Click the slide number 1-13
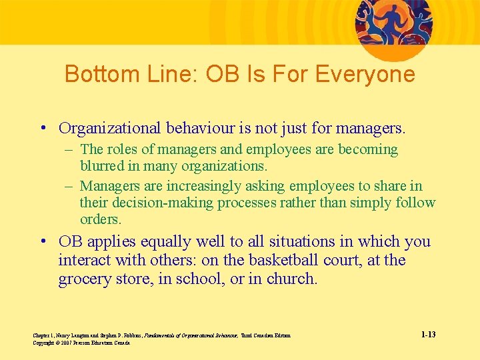coord(429,334)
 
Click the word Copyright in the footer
coord(44,342)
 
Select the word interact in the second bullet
coord(85,260)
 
